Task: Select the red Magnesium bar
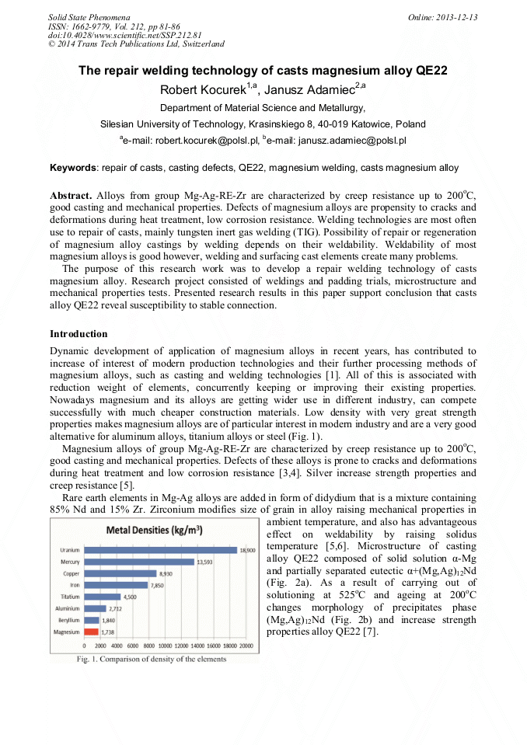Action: pos(92,632)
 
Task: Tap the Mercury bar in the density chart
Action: pos(139,562)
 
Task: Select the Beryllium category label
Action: pos(68,620)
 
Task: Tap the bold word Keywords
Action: pos(72,168)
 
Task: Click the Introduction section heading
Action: pos(78,333)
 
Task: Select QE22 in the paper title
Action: pos(428,71)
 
